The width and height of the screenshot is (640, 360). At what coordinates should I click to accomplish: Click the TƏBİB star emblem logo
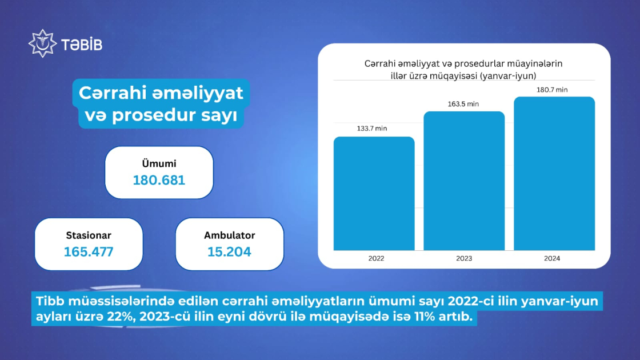(x=42, y=43)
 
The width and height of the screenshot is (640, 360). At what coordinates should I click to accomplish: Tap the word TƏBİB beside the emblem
(x=82, y=45)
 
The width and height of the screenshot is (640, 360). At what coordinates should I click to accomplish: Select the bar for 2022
(x=374, y=194)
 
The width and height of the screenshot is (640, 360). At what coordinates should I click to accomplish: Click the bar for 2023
(x=464, y=181)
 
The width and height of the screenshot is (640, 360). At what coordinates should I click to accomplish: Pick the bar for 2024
(x=554, y=174)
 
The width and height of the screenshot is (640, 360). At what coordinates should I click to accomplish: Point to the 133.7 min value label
(x=372, y=128)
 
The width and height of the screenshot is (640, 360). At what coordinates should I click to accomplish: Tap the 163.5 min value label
(x=463, y=104)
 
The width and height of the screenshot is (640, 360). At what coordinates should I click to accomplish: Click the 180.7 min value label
(x=552, y=90)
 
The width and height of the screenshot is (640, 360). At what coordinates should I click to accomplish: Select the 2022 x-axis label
(x=376, y=258)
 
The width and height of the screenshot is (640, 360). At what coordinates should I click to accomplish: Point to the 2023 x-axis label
(x=464, y=258)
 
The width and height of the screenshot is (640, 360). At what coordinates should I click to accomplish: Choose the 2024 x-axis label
(x=552, y=258)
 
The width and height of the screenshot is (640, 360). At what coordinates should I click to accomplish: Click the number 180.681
(x=159, y=180)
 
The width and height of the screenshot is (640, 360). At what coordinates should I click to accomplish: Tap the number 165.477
(x=89, y=252)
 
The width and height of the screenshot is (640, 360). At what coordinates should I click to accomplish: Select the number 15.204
(x=229, y=252)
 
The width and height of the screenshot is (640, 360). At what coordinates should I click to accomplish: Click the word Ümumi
(x=159, y=163)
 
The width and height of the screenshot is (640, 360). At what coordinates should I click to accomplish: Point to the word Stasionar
(x=89, y=235)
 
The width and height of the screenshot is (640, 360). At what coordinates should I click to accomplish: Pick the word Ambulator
(x=229, y=235)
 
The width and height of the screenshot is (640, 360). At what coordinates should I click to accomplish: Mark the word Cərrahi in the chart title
(x=380, y=64)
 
